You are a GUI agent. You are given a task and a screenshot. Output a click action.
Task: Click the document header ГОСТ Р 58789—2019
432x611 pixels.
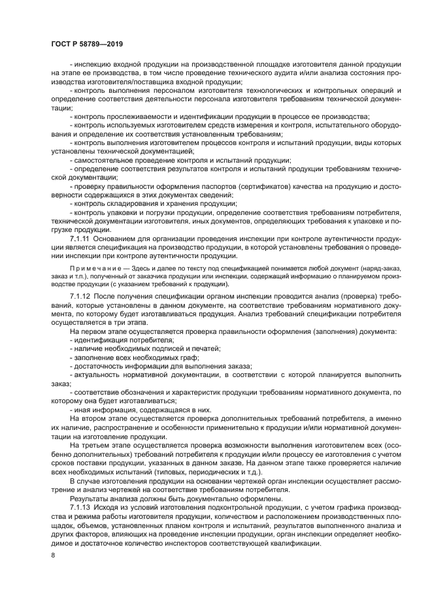(x=87, y=43)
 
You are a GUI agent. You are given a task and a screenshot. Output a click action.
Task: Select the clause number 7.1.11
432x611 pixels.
(x=81, y=239)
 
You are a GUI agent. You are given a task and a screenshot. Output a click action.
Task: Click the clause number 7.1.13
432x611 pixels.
(x=81, y=507)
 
